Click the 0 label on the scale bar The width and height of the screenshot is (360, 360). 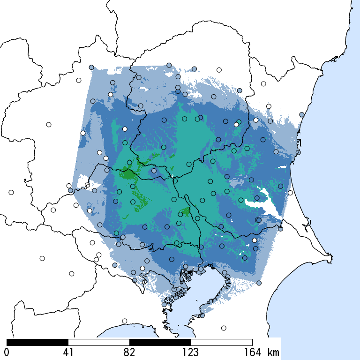[x=7, y=352]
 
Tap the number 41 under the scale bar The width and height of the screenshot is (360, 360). [x=68, y=352]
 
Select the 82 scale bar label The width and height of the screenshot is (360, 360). [x=129, y=352]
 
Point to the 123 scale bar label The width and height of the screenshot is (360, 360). [x=191, y=352]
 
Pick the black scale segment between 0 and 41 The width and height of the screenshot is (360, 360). [x=37, y=342]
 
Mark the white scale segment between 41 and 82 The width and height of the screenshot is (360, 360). [x=99, y=342]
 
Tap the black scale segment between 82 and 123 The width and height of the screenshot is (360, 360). [x=160, y=342]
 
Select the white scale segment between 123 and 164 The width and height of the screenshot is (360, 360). [x=222, y=342]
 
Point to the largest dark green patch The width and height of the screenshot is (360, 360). [x=128, y=174]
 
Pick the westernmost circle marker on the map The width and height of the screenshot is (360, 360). [x=11, y=192]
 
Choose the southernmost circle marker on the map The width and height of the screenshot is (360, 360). [x=224, y=328]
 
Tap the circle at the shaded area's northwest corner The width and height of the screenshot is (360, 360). [x=91, y=67]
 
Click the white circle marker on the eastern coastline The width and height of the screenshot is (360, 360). [x=290, y=193]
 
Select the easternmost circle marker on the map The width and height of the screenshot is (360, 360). [x=301, y=114]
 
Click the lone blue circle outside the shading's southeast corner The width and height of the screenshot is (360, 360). [x=259, y=283]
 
